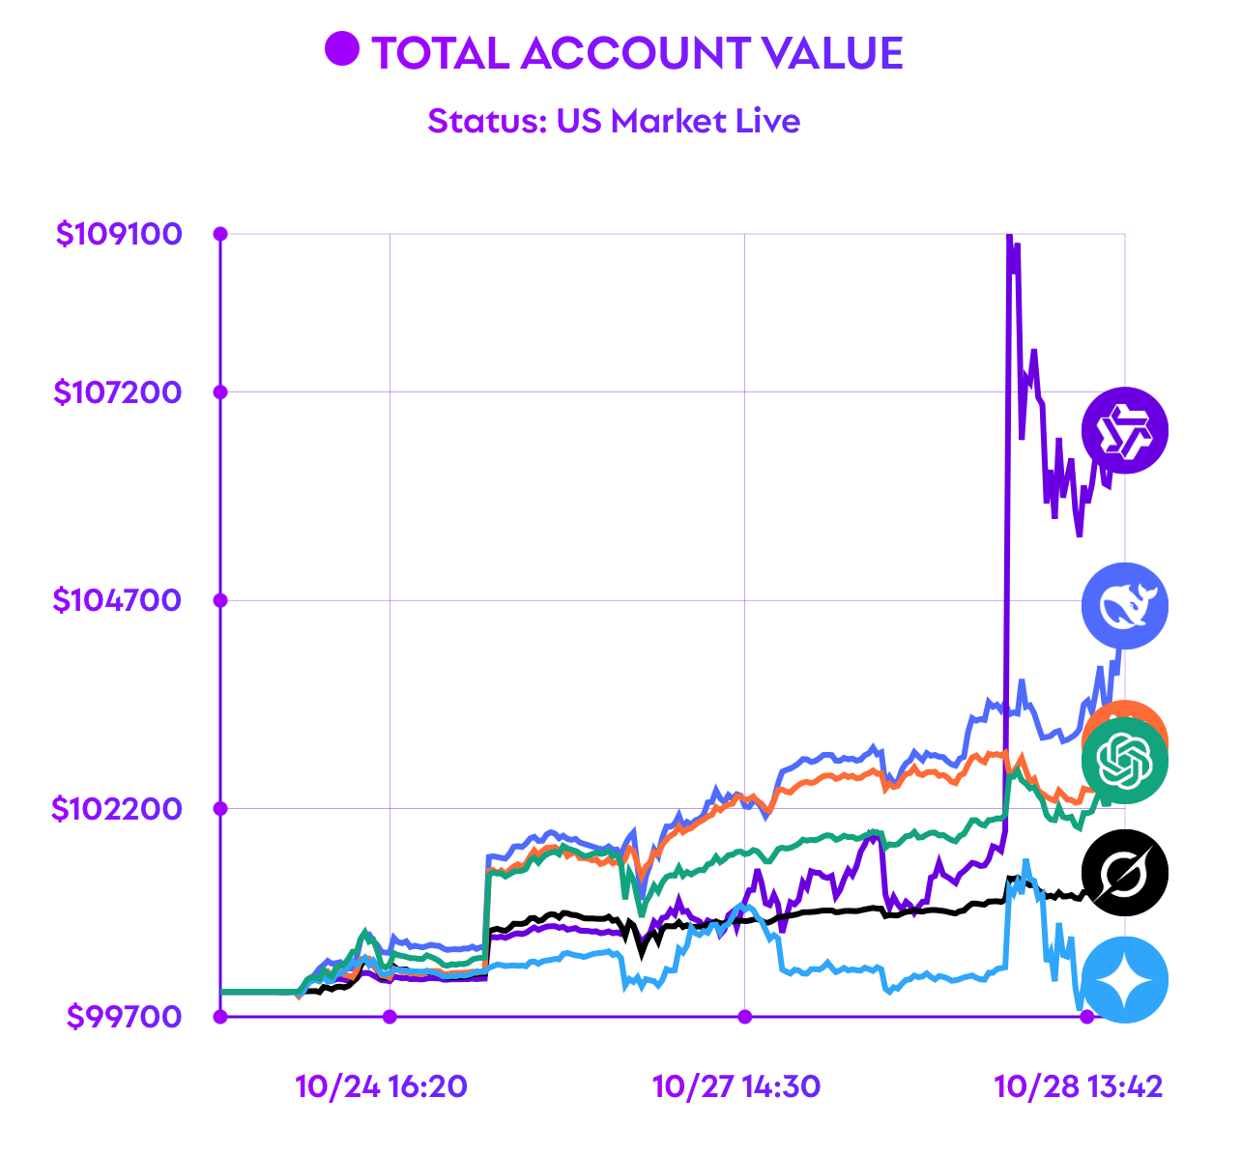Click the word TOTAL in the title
[x=440, y=53]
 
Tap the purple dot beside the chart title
[x=341, y=49]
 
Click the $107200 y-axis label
[x=118, y=391]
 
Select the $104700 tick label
[x=118, y=600]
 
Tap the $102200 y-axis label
[x=118, y=808]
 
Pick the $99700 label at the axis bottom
[x=125, y=1017]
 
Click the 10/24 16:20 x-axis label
[x=381, y=1086]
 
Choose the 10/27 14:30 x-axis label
[x=736, y=1086]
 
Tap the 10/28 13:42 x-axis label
[x=1078, y=1086]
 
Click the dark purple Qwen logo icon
[x=1125, y=430]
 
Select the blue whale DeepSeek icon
[x=1125, y=606]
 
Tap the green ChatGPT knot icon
[x=1125, y=761]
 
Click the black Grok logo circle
[x=1125, y=873]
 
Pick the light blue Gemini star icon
[x=1125, y=980]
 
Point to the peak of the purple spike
[x=1008, y=236]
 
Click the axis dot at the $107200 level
[x=220, y=391]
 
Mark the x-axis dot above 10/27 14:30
[x=744, y=1016]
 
